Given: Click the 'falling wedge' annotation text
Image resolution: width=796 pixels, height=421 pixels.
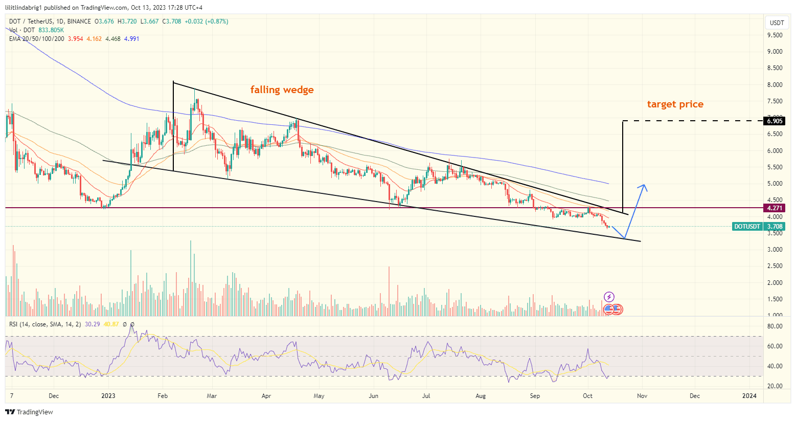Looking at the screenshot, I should click(282, 90).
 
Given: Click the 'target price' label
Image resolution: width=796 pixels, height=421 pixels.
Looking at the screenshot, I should click(675, 104).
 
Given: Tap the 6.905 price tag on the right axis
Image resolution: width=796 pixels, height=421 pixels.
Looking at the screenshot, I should click(774, 121).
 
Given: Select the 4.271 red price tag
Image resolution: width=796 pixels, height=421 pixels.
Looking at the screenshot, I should click(774, 208).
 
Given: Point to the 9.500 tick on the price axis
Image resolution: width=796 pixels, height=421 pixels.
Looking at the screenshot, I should click(775, 35).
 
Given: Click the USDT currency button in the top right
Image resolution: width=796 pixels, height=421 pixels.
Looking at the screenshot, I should click(777, 23).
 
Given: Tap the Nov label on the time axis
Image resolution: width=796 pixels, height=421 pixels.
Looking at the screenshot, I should click(642, 396).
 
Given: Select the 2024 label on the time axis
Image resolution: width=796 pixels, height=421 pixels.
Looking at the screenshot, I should click(749, 396).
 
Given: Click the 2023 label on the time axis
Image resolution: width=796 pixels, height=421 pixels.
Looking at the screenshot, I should click(108, 396).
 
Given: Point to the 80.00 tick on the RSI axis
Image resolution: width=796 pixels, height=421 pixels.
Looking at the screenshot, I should click(775, 326).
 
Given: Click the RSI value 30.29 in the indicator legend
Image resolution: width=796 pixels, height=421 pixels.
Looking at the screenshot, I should click(92, 324).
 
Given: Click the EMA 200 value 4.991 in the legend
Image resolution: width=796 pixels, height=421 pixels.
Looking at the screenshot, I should click(131, 39).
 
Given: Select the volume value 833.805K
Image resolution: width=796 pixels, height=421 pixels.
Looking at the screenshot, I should click(51, 30).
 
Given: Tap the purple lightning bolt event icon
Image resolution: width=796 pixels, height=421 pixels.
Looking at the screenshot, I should click(609, 297).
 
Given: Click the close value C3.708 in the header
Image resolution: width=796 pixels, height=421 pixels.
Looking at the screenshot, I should click(171, 21).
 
